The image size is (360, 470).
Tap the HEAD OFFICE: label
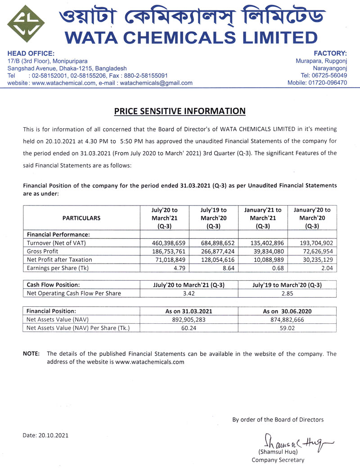coord(26,53)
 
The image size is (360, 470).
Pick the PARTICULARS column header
coord(81,218)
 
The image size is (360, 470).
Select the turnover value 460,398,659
coord(164,243)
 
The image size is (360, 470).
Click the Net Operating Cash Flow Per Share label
coord(74,294)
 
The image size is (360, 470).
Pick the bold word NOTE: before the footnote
coord(31,354)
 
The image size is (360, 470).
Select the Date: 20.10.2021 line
coord(46,435)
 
